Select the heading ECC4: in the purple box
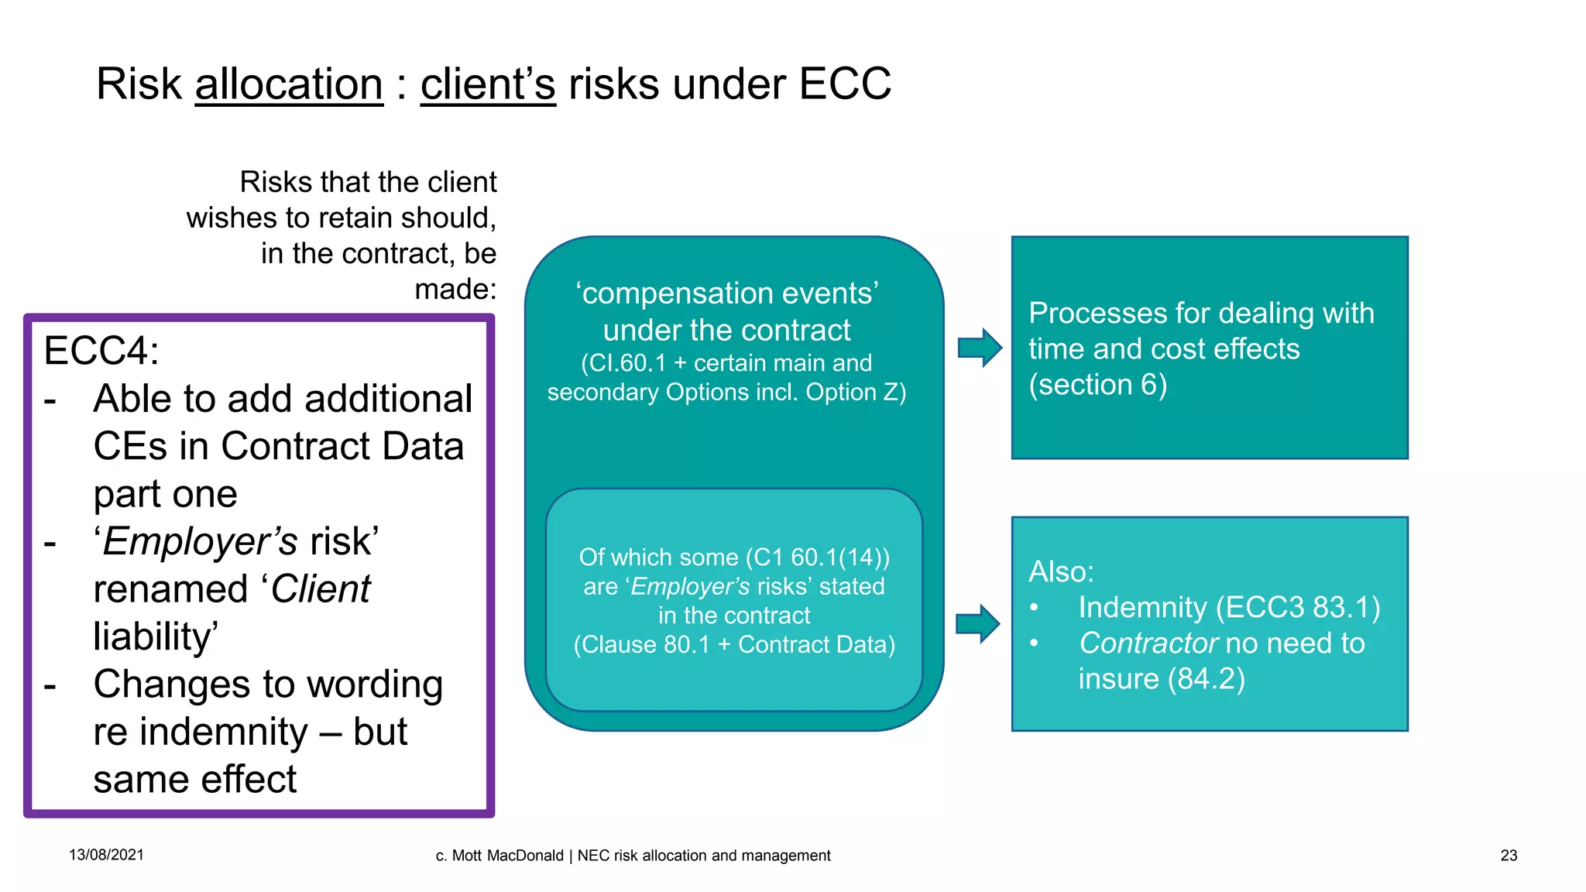pyautogui.click(x=101, y=350)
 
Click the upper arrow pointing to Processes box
pyautogui.click(x=980, y=348)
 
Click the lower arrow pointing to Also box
pyautogui.click(x=977, y=623)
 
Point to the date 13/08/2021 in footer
pyautogui.click(x=106, y=855)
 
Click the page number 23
pyautogui.click(x=1509, y=856)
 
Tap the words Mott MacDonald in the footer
pyautogui.click(x=507, y=856)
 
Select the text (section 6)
pyautogui.click(x=1097, y=385)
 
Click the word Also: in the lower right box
pyautogui.click(x=1061, y=571)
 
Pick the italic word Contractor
pyautogui.click(x=1148, y=643)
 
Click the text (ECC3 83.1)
pyautogui.click(x=1298, y=608)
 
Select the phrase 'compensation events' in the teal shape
pyautogui.click(x=726, y=293)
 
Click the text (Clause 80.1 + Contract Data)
pyautogui.click(x=734, y=645)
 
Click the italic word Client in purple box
pyautogui.click(x=321, y=589)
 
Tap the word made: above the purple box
pyautogui.click(x=455, y=290)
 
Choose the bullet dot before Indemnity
pyautogui.click(x=1034, y=608)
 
